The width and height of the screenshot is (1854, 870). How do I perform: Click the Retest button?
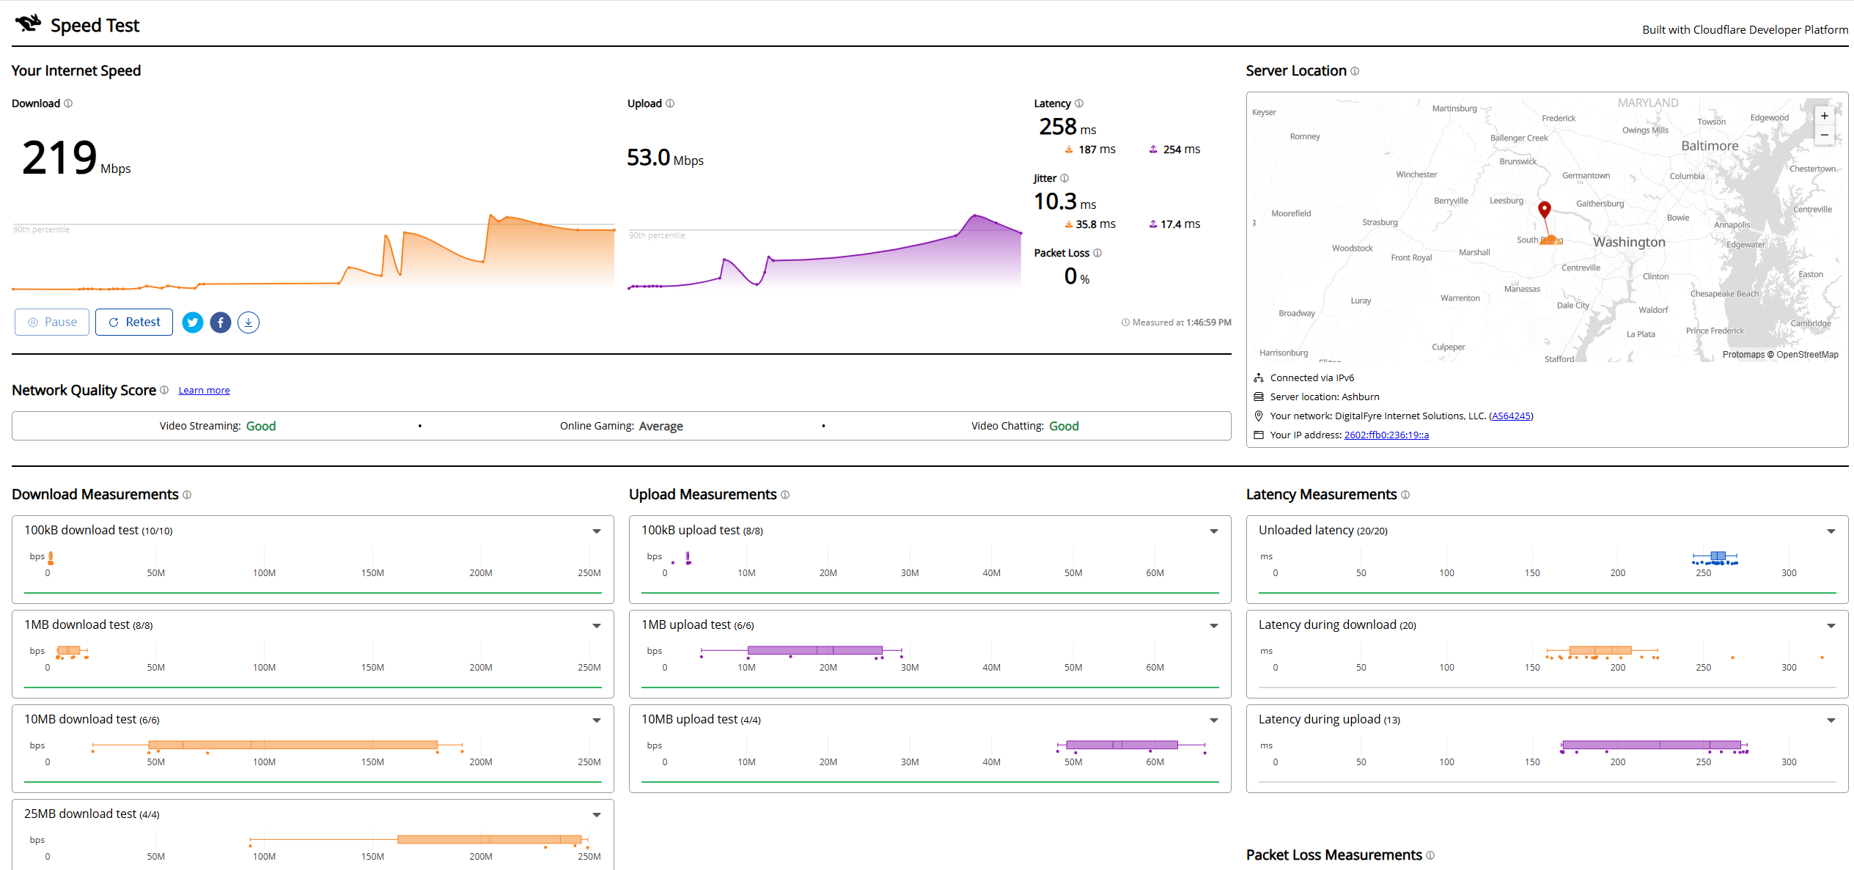[x=134, y=322]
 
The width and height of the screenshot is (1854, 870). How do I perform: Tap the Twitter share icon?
[x=193, y=322]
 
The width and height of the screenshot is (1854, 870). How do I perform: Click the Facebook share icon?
[x=221, y=322]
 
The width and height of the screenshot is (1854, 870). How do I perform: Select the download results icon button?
[x=249, y=322]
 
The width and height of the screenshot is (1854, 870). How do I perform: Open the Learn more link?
[x=204, y=391]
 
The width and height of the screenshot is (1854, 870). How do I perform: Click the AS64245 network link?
[x=1511, y=416]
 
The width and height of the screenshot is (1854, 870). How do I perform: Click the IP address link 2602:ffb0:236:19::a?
[x=1386, y=435]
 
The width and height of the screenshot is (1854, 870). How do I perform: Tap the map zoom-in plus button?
[x=1824, y=116]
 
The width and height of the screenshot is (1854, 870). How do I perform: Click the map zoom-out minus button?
[x=1824, y=135]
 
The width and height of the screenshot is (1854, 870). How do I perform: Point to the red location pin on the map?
[x=1544, y=210]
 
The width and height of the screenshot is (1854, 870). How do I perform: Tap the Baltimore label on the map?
[x=1710, y=146]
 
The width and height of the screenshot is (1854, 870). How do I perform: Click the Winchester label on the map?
[x=1416, y=174]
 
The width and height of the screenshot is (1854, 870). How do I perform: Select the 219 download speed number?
[x=59, y=158]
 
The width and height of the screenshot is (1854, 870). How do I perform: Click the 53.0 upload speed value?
[x=648, y=158]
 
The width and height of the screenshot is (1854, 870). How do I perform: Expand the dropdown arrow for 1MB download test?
[x=597, y=626]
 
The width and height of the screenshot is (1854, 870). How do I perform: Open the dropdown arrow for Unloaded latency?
[x=1831, y=531]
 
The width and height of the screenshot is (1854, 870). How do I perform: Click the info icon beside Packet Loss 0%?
[x=1097, y=254]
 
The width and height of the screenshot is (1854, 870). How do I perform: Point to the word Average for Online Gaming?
[x=661, y=427]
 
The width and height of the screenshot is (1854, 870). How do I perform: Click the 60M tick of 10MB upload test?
[x=1155, y=762]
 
